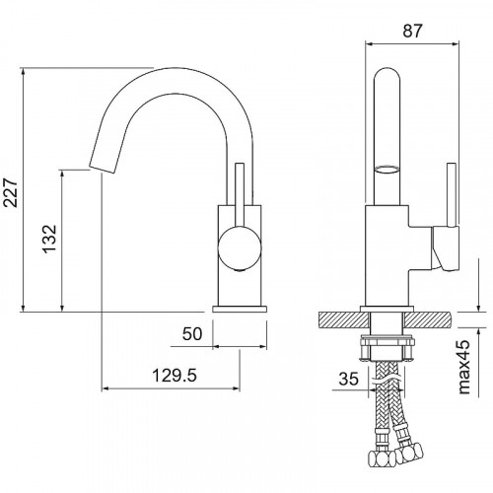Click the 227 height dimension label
(x=11, y=192)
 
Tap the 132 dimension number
(x=49, y=239)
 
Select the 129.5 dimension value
(x=175, y=375)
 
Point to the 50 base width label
(x=192, y=334)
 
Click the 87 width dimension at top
(x=412, y=32)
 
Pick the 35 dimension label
(x=348, y=379)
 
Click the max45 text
(x=463, y=367)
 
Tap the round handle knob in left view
(x=240, y=248)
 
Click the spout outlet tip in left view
(x=103, y=168)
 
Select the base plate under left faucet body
(x=240, y=309)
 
